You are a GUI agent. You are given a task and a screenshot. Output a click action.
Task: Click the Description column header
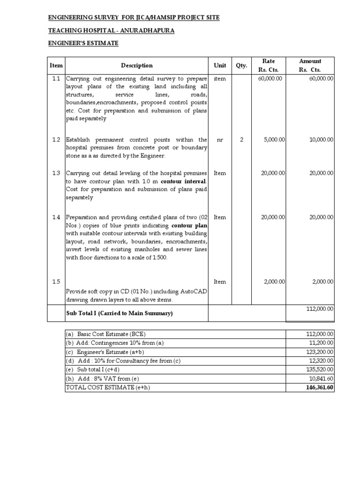pos(136,66)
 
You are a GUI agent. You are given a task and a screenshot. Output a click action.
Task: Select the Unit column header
pos(220,66)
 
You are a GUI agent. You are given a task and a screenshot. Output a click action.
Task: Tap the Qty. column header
pos(241,66)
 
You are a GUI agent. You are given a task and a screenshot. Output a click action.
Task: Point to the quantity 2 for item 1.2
pos(241,140)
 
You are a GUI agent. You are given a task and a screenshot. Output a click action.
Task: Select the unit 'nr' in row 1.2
pos(220,140)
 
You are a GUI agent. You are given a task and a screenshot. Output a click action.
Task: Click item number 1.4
pos(56,217)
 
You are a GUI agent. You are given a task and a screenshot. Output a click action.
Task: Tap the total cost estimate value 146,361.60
pos(318,388)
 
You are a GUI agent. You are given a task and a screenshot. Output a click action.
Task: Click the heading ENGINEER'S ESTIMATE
pos(84,43)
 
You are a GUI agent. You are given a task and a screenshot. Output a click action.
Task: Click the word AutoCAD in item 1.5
pos(194,292)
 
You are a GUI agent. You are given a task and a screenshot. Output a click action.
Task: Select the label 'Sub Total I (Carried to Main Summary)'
pos(120,313)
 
